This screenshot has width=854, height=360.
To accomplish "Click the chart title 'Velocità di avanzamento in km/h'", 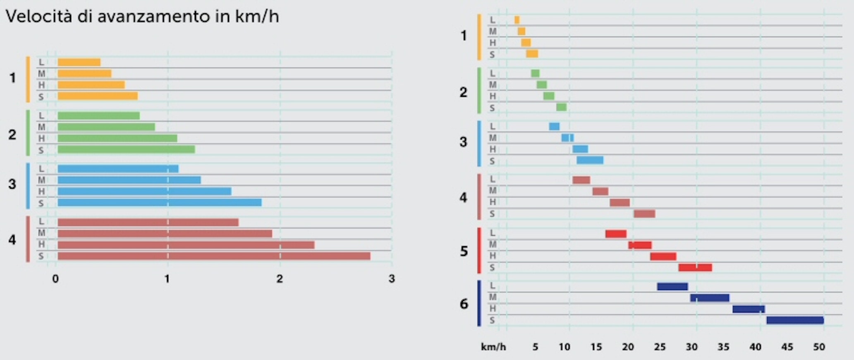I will (142, 17).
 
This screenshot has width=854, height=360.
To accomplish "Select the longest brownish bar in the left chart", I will (214, 256).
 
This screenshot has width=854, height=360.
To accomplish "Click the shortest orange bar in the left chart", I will (79, 62).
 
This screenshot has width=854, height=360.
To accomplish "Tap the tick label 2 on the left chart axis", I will (280, 279).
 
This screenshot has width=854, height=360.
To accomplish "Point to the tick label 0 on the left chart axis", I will (55, 279).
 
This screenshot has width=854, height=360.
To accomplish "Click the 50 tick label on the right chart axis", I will (819, 347).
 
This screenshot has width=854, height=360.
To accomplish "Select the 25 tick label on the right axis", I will (660, 347).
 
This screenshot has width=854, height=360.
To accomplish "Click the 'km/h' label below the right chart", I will (493, 347).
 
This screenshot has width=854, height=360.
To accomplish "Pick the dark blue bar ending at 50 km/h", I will (795, 320).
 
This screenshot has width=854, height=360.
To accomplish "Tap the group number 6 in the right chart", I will (464, 304).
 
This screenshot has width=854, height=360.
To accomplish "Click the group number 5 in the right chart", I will (464, 251).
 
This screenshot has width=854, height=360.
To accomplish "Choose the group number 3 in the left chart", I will (12, 184).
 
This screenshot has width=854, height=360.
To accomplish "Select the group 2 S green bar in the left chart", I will (126, 149).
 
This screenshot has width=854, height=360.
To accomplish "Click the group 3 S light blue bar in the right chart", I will (590, 160).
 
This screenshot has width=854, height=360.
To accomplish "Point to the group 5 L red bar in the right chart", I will (616, 234).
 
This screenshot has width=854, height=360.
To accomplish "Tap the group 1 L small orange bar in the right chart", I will (517, 20).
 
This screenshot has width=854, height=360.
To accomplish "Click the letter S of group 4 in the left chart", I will (41, 256).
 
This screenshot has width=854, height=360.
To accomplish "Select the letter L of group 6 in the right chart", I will (492, 286).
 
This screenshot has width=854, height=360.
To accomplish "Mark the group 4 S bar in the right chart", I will (644, 214).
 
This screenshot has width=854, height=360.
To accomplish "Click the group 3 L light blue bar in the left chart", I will (118, 169).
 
